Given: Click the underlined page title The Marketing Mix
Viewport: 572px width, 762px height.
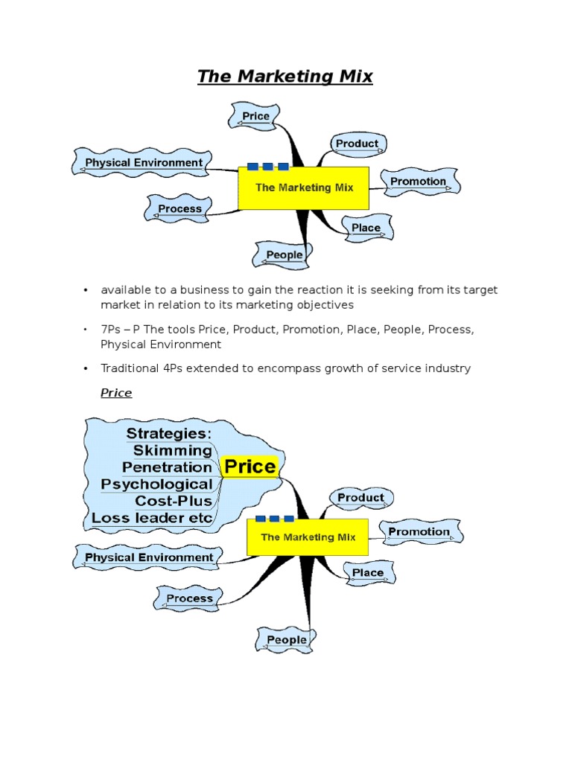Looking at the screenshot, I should click(285, 76).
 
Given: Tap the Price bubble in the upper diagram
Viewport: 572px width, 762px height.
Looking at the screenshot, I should click(255, 116).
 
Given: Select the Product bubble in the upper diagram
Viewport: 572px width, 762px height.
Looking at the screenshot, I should click(357, 144).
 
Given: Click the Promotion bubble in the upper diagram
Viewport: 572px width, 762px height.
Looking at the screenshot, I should click(419, 182).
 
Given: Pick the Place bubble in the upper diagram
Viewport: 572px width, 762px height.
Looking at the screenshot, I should click(366, 228).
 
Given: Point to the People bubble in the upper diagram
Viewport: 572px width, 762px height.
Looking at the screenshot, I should click(285, 254).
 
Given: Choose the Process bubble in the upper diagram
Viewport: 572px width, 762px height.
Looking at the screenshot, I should click(179, 209).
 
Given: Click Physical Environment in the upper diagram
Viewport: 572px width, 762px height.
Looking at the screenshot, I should click(143, 163).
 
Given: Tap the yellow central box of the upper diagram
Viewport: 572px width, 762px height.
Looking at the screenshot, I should click(304, 188).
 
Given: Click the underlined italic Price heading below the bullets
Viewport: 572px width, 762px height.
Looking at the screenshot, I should click(116, 393).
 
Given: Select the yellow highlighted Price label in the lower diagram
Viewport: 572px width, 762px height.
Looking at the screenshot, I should click(250, 467).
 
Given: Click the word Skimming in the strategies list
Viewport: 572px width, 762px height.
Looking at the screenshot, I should click(172, 450).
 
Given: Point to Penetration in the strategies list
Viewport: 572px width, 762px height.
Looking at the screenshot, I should click(167, 467).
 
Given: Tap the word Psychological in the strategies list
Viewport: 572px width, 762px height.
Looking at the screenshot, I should click(156, 484).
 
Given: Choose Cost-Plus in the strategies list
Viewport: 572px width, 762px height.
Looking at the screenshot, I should click(174, 501).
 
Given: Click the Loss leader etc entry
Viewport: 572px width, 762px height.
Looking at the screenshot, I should click(152, 518).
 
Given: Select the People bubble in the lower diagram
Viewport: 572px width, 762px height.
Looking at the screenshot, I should click(286, 640).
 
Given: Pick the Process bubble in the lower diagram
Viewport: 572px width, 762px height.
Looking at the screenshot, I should click(189, 598).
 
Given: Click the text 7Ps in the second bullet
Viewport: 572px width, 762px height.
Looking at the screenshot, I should click(111, 330).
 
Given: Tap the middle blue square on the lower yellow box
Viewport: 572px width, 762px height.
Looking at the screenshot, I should click(274, 519).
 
